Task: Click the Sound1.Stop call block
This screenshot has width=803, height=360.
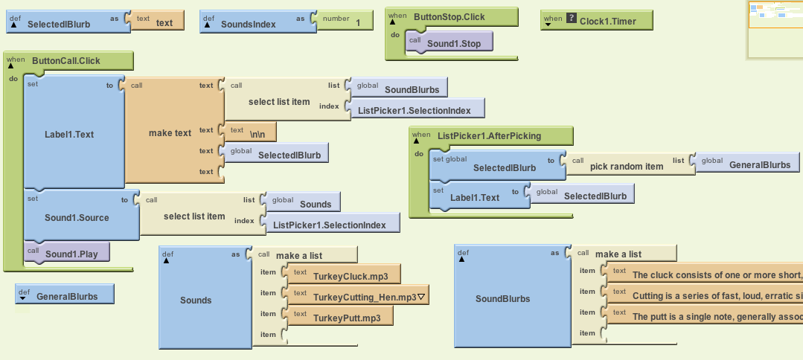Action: point(453,44)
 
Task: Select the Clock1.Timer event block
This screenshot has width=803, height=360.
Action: point(607,21)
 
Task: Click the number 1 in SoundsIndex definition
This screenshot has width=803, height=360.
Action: point(358,23)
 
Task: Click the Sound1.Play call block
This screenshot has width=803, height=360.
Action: point(71,254)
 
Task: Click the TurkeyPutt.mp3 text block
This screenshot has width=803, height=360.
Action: point(347,318)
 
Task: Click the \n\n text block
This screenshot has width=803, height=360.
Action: point(257,135)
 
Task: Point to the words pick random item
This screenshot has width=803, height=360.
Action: point(626,166)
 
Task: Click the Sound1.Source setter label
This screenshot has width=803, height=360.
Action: point(77,218)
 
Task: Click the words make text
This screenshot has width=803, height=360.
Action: point(170,133)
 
